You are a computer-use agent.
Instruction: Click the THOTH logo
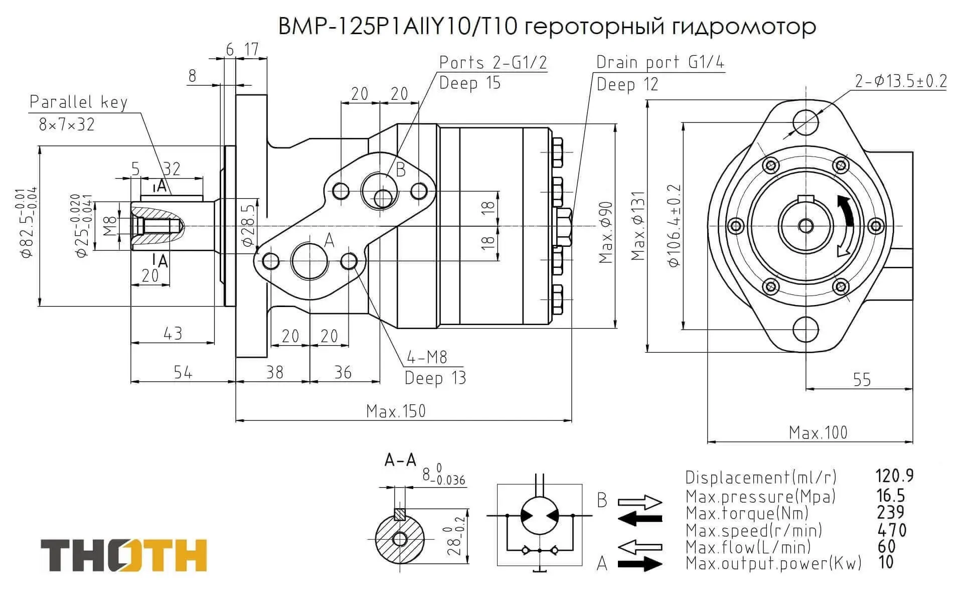point(123,555)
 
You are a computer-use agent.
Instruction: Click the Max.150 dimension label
point(396,411)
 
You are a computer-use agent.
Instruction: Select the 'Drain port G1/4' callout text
point(660,62)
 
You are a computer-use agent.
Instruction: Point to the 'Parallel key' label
point(79,102)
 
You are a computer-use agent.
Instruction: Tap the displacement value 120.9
point(894,475)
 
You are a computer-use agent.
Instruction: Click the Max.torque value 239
point(891,512)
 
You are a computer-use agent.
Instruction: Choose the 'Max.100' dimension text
point(818,432)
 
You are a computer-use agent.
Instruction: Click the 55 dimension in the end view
point(862,380)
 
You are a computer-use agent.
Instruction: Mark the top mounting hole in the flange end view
point(805,122)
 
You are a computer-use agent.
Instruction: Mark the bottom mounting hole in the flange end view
point(805,330)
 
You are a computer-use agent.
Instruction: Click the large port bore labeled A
point(309,261)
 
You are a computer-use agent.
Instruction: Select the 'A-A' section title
point(400,460)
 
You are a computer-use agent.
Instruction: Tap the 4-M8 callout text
point(427,357)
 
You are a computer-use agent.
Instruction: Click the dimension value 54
point(183,372)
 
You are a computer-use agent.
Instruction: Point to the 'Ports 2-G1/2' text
point(493,62)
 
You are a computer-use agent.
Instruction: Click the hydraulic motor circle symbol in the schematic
point(539,516)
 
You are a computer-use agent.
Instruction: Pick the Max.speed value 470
point(892,530)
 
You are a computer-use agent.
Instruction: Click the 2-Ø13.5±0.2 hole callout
point(901,81)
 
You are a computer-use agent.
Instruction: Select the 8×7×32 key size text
point(67,124)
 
